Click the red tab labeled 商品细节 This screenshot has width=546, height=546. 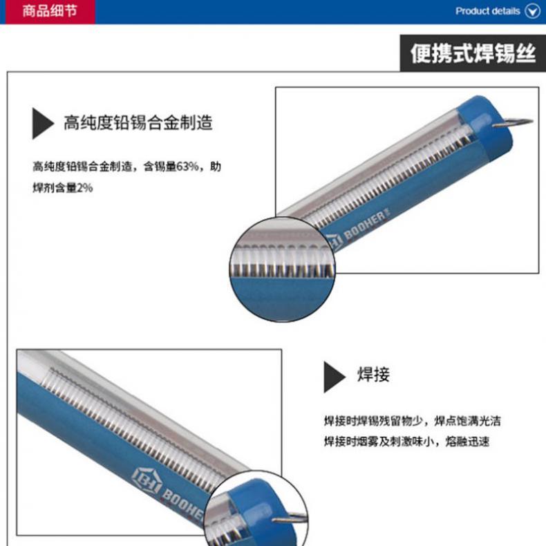click(50, 12)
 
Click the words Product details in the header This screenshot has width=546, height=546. click(487, 11)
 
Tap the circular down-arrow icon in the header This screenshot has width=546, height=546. click(533, 11)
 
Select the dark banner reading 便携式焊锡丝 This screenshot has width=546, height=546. click(473, 53)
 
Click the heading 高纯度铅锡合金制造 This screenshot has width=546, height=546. click(138, 122)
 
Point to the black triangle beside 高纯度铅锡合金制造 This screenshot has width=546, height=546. click(43, 123)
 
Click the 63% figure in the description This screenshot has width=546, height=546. click(187, 167)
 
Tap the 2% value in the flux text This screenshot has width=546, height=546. click(84, 188)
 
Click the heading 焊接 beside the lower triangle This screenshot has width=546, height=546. click(373, 375)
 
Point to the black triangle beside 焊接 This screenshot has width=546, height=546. click(335, 377)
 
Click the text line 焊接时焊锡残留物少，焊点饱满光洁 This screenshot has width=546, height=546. click(413, 421)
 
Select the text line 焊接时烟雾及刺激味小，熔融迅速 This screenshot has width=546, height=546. click(406, 442)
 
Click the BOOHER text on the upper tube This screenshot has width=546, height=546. click(366, 225)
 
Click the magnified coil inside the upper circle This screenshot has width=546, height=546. click(281, 262)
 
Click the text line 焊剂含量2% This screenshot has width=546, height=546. click(63, 188)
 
